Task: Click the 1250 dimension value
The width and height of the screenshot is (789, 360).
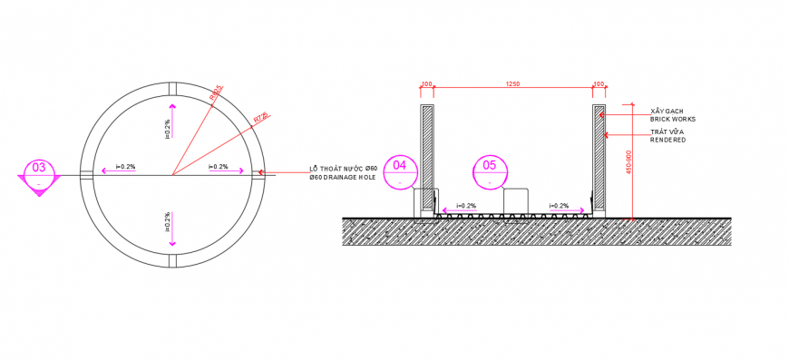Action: click(x=512, y=84)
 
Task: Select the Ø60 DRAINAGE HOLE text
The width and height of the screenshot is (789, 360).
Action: click(x=342, y=178)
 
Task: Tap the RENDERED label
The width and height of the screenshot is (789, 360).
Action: click(x=667, y=140)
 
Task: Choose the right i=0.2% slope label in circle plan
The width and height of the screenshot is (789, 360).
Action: click(x=218, y=167)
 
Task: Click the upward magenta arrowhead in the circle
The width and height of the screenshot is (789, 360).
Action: click(x=171, y=105)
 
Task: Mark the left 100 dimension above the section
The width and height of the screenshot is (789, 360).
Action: click(x=426, y=84)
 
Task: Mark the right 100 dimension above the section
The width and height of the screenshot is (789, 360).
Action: click(x=599, y=84)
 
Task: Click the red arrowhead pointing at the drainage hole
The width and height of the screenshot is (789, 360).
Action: click(x=265, y=172)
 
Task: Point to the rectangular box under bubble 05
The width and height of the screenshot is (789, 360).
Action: click(x=516, y=201)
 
